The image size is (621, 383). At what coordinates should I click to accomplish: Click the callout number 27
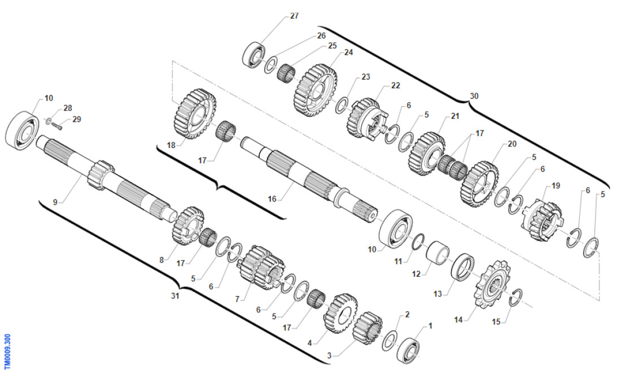tap(294, 16)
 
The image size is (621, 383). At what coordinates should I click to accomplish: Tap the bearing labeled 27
tap(253, 55)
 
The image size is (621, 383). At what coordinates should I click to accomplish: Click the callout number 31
tap(175, 296)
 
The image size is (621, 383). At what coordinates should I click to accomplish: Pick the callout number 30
tap(474, 96)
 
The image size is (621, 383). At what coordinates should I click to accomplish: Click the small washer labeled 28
tap(48, 120)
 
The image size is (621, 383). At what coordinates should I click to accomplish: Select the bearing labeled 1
tap(408, 350)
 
